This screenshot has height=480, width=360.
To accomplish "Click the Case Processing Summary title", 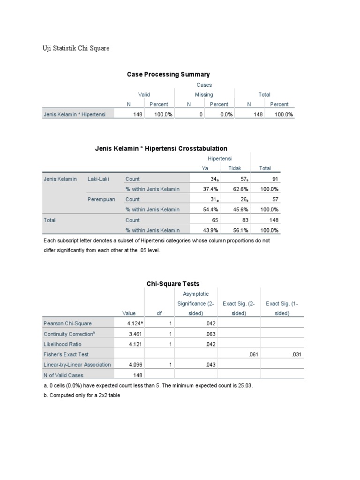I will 168,74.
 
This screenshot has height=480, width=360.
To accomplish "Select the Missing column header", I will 204,95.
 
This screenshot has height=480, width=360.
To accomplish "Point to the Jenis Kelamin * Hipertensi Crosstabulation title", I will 161,149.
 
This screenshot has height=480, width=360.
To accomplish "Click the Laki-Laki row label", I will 99,179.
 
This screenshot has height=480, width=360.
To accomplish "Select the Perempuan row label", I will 101,199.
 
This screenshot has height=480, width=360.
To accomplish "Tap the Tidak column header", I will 234,169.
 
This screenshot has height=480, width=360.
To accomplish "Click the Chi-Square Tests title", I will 173,284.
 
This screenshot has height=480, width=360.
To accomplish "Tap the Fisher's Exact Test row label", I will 66,354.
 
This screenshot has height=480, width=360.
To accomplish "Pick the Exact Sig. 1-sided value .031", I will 296,354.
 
